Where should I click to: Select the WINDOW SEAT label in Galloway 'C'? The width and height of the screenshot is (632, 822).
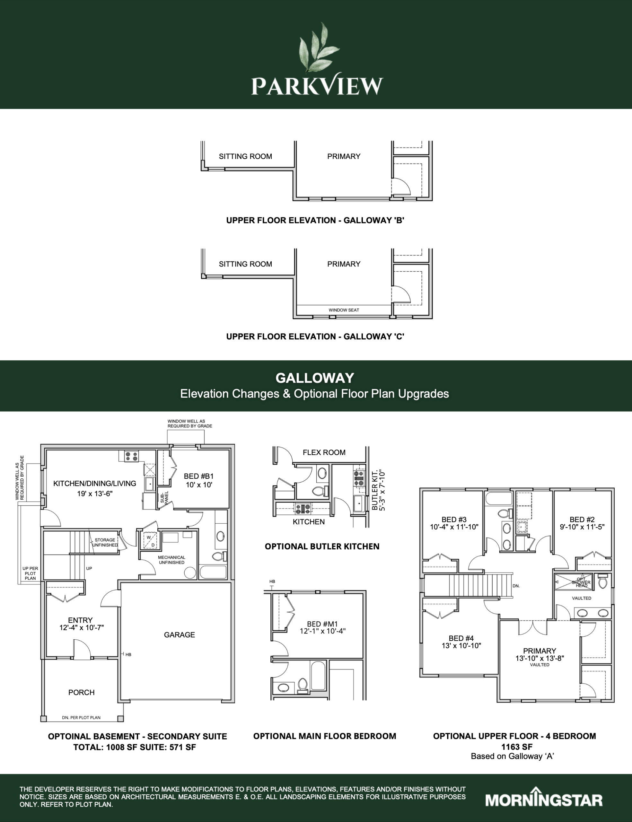click(x=344, y=310)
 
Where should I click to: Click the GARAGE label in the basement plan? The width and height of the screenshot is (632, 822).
click(x=180, y=635)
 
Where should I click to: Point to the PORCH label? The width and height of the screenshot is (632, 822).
click(x=81, y=692)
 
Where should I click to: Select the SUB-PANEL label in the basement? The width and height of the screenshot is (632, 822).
click(x=164, y=497)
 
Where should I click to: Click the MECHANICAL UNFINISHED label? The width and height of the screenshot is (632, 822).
click(x=171, y=560)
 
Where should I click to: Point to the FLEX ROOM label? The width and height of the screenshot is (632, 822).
click(x=324, y=452)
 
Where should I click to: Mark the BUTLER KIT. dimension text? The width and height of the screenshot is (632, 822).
click(x=378, y=490)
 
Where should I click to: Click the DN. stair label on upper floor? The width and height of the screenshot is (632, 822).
click(x=516, y=586)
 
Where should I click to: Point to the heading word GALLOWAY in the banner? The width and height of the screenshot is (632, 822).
click(x=315, y=378)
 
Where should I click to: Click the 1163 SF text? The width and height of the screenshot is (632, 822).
click(x=516, y=747)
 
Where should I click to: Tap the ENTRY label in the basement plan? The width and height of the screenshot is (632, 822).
click(x=80, y=620)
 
